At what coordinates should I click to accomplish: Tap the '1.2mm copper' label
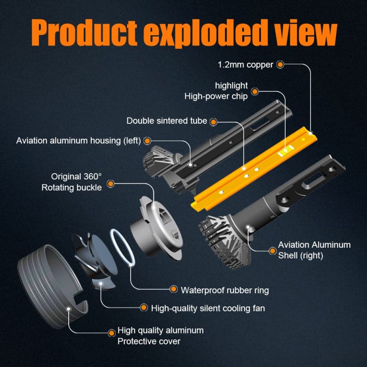point(245,65)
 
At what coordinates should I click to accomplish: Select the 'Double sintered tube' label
point(167,121)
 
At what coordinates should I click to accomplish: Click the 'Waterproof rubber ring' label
point(225,290)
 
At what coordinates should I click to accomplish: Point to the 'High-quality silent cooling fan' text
point(208,308)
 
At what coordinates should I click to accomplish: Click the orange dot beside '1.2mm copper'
point(280,64)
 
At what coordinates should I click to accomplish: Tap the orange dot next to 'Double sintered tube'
point(213,122)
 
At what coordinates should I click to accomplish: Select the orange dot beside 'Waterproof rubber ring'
point(174,289)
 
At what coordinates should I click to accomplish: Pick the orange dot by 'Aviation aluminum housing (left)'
point(147,141)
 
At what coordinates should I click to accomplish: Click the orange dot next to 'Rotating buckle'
point(110,183)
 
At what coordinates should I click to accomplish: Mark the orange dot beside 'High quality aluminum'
point(112,333)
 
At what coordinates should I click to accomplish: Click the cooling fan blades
point(96,260)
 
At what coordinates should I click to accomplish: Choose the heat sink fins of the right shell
point(224,241)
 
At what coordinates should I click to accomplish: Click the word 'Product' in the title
point(84,33)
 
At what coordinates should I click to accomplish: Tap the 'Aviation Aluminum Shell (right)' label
point(314,250)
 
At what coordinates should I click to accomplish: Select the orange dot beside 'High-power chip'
point(254,91)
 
